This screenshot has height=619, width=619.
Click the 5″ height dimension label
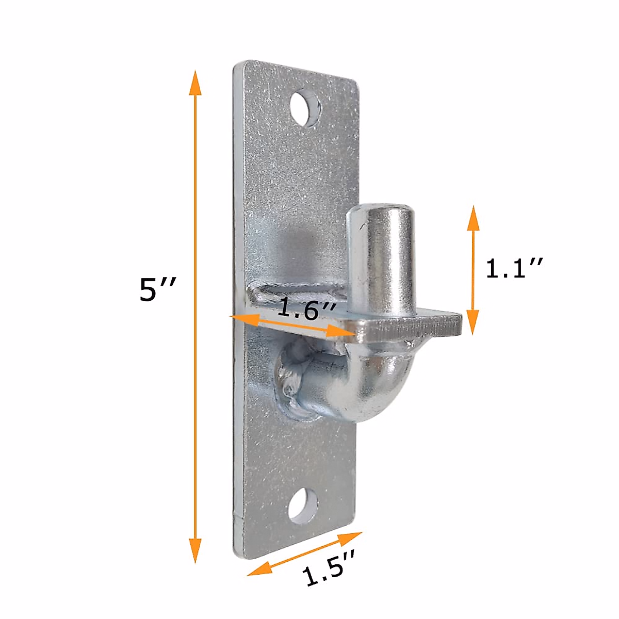[x=158, y=290]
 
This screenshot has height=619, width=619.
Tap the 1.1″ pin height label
[x=514, y=268]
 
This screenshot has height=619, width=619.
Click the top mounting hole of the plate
[x=305, y=109]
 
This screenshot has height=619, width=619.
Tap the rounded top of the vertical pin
[x=381, y=213]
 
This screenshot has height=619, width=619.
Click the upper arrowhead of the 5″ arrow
[x=195, y=83]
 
